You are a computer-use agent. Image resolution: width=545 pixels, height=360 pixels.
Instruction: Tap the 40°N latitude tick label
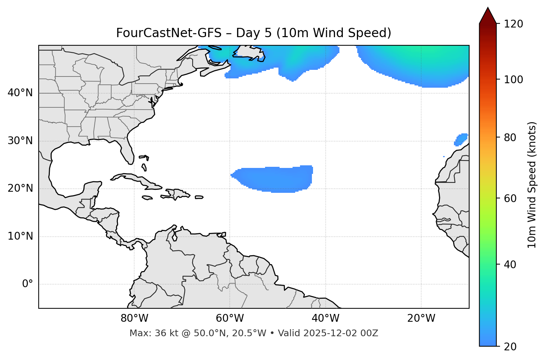pos(20,93)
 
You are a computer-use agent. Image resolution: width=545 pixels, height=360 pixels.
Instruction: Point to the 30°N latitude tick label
pos(20,141)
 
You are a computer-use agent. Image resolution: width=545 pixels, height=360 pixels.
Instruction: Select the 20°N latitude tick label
pos(20,188)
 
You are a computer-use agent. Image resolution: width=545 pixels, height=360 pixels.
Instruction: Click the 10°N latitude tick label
pos(20,236)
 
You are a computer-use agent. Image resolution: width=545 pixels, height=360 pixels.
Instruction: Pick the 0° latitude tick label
pos(28,284)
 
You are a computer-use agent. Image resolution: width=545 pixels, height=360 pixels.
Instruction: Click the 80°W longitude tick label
pos(134,318)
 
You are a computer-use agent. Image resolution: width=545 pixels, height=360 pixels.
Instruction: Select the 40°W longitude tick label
pos(325,318)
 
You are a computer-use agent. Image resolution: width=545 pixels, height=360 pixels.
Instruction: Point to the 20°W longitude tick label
pos(421,318)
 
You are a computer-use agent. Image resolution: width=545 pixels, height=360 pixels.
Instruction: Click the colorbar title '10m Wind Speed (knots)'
pos(532,185)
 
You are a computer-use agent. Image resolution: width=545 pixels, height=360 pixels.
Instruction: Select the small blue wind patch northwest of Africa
pos(461,139)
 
